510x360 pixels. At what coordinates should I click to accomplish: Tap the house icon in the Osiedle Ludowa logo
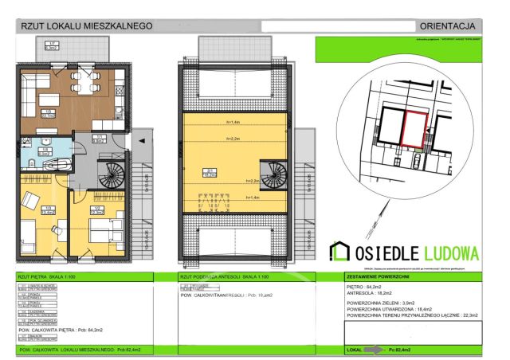point(339,253)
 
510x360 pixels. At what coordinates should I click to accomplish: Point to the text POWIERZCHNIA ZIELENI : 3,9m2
point(387,303)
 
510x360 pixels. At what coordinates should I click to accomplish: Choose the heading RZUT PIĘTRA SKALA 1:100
point(49,276)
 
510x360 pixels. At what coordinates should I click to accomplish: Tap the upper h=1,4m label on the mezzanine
point(233,122)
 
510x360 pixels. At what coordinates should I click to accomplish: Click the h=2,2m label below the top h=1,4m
point(233,139)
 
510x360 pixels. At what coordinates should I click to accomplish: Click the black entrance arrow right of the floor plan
point(141,140)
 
